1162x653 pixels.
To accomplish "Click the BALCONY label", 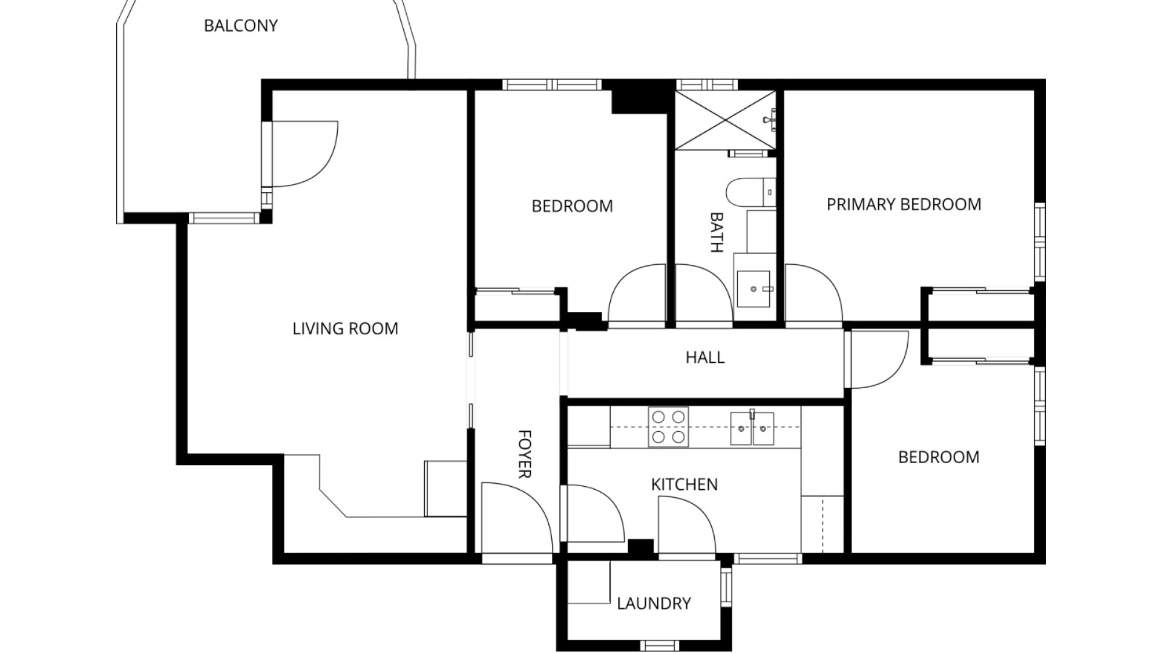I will point(240,26).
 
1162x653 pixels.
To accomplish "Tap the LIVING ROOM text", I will point(345,329).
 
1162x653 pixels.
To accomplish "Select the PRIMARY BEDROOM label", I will point(904,204).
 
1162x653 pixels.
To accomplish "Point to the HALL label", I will point(704,357).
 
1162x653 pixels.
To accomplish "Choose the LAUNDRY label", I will point(654,603).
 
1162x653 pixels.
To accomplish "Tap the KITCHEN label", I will point(684,484).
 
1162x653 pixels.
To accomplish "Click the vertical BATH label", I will point(717,232).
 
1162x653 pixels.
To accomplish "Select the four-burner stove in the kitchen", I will point(668,427).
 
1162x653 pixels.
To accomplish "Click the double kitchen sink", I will point(752,428).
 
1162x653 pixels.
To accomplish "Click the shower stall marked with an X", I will point(725,120).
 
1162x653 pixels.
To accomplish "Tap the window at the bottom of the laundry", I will point(660,645).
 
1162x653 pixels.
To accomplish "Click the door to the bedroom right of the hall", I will point(878,359).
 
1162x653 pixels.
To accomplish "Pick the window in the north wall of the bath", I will point(705,84).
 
